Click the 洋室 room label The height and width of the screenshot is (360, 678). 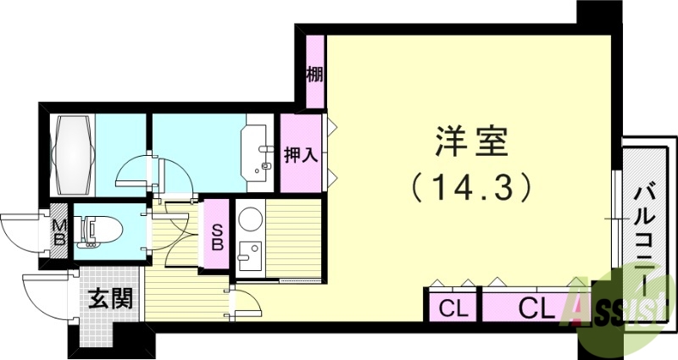(x=472, y=143)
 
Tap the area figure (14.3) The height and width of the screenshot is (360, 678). (x=472, y=186)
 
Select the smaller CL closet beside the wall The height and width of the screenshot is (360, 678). (x=450, y=306)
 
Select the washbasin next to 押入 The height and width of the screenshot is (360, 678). (x=255, y=153)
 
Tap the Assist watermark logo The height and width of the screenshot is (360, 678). (x=623, y=307)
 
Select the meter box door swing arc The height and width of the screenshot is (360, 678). (x=21, y=233)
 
